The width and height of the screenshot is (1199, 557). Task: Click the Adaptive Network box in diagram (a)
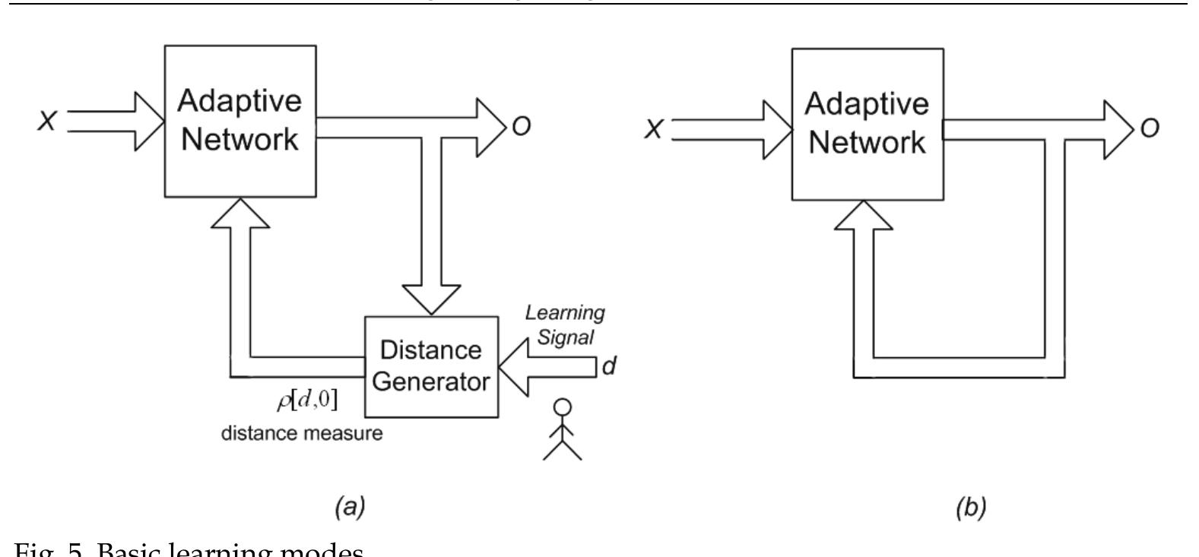pyautogui.click(x=240, y=122)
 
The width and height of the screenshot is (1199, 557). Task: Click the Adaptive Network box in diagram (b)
pyautogui.click(x=868, y=124)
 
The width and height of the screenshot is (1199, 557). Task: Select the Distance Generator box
pyautogui.click(x=431, y=366)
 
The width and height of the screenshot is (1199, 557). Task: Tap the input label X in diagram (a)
pyautogui.click(x=46, y=121)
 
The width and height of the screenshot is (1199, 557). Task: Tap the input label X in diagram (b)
pyautogui.click(x=653, y=129)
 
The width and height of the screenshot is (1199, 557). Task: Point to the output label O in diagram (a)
pyautogui.click(x=521, y=126)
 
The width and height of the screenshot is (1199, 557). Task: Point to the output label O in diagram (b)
pyautogui.click(x=1150, y=128)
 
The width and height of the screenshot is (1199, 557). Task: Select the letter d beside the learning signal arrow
pyautogui.click(x=608, y=366)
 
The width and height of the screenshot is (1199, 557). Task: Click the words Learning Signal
pyautogui.click(x=566, y=324)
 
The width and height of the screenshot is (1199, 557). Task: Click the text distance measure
pyautogui.click(x=302, y=435)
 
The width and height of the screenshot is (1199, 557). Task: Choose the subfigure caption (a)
pyautogui.click(x=350, y=507)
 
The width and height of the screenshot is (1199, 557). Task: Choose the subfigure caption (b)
pyautogui.click(x=970, y=508)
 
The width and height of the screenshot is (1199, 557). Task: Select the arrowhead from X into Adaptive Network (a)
pyautogui.click(x=151, y=122)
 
